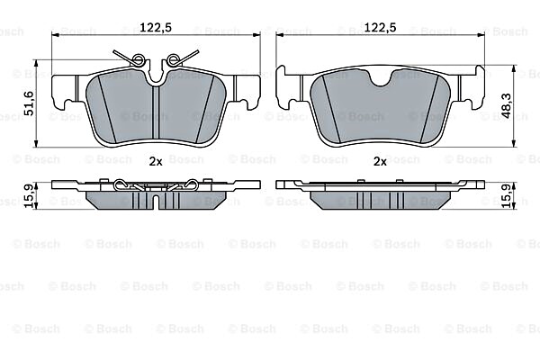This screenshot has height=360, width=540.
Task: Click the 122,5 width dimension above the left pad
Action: coord(156,27)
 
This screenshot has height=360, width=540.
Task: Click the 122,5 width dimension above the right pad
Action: coord(380,27)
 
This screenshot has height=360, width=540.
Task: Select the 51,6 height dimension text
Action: coord(28,103)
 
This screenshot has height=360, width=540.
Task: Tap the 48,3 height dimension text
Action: coord(506,106)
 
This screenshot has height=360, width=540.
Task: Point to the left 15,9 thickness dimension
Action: coord(29,195)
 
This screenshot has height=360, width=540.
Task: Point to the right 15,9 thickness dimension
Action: coord(506,195)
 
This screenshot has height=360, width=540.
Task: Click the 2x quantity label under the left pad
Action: coord(156,161)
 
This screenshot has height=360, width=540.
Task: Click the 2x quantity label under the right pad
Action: coord(380,161)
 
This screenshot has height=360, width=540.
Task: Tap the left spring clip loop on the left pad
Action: coord(139,60)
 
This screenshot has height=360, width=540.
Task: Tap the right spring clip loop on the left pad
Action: coord(172,60)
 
